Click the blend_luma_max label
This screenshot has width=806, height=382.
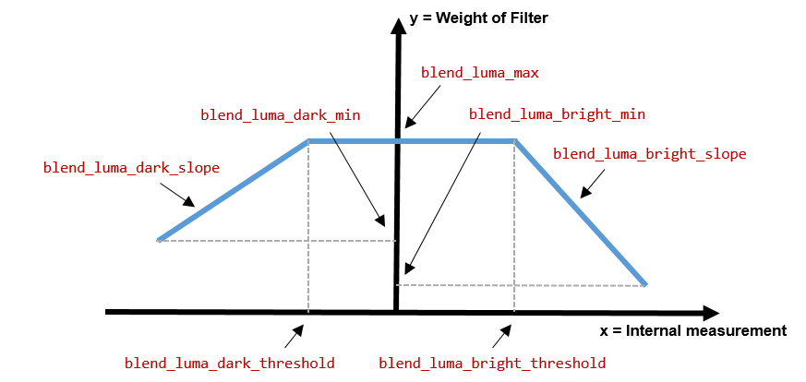(x=480, y=73)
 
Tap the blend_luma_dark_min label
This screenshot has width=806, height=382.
(x=280, y=115)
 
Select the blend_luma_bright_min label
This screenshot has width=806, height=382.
(x=557, y=114)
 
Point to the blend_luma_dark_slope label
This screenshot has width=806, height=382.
(x=131, y=168)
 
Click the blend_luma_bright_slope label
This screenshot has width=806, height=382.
(x=649, y=154)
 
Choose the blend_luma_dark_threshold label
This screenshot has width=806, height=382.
(x=229, y=364)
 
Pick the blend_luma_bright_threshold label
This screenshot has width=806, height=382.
(x=492, y=364)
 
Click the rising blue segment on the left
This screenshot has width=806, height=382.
(x=234, y=190)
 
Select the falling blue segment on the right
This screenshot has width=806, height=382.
(x=580, y=213)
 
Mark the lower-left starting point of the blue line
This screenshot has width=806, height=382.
(x=159, y=240)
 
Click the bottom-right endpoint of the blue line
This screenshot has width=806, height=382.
(x=644, y=284)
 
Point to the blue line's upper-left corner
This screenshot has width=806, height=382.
(x=309, y=141)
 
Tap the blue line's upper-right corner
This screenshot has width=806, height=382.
(x=514, y=141)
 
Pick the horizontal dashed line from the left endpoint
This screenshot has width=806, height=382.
(x=277, y=241)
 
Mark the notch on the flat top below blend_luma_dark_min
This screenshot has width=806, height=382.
(x=335, y=142)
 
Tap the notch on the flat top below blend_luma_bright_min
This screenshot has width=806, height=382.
(x=475, y=142)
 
